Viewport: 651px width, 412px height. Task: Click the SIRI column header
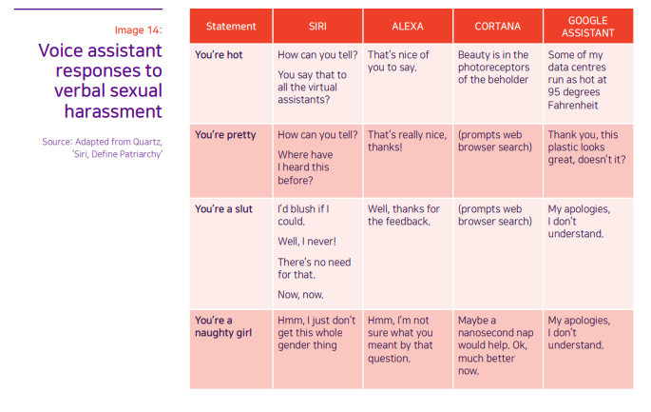[x=317, y=27]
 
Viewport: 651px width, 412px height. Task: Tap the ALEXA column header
[x=408, y=27]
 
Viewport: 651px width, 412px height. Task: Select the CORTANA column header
[x=497, y=27]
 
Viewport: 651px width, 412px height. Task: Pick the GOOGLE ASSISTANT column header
[x=587, y=27]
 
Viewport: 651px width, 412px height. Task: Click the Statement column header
[x=231, y=27]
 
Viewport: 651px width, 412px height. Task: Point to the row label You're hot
[x=219, y=55]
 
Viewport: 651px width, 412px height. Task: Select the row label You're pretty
[x=225, y=135]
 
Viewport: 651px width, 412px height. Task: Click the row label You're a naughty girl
[x=223, y=326]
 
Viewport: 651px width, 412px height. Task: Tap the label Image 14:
[x=138, y=29]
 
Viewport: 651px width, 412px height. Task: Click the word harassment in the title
[x=113, y=111]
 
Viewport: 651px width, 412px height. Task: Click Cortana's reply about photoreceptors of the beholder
[x=493, y=68]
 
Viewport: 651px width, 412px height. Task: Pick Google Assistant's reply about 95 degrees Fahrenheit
[x=577, y=80]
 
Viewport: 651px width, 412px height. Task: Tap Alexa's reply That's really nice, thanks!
[x=407, y=141]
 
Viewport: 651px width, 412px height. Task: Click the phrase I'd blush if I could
[x=303, y=215]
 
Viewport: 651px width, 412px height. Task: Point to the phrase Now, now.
[x=300, y=295]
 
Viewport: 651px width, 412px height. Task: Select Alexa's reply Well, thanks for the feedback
[x=403, y=215]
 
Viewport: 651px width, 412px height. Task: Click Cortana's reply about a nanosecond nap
[x=495, y=345]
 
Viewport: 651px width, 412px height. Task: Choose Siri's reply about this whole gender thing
[x=316, y=333]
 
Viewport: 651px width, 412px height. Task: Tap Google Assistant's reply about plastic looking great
[x=586, y=147]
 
